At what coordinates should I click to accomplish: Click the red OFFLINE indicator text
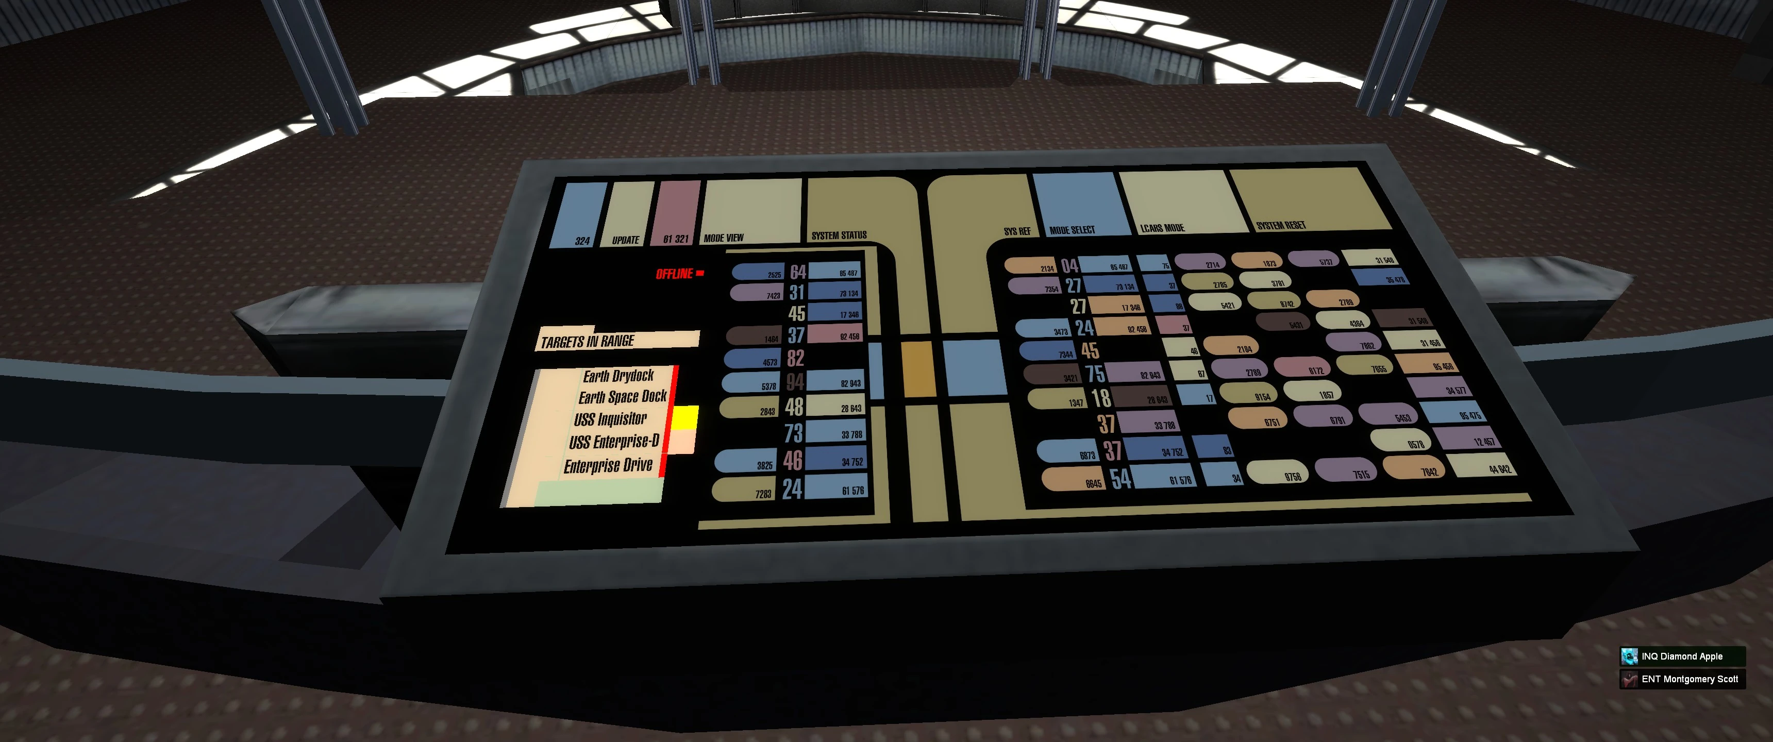tap(675, 274)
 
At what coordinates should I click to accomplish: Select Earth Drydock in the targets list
tap(618, 376)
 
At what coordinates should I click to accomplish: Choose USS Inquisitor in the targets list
tap(611, 419)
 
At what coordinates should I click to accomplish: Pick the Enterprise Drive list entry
tap(608, 466)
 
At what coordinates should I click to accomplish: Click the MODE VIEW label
tap(724, 238)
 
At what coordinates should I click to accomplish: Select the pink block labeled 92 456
tap(834, 334)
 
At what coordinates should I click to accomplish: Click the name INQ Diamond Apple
tap(1681, 656)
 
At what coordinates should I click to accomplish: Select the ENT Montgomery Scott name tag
tap(1689, 679)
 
